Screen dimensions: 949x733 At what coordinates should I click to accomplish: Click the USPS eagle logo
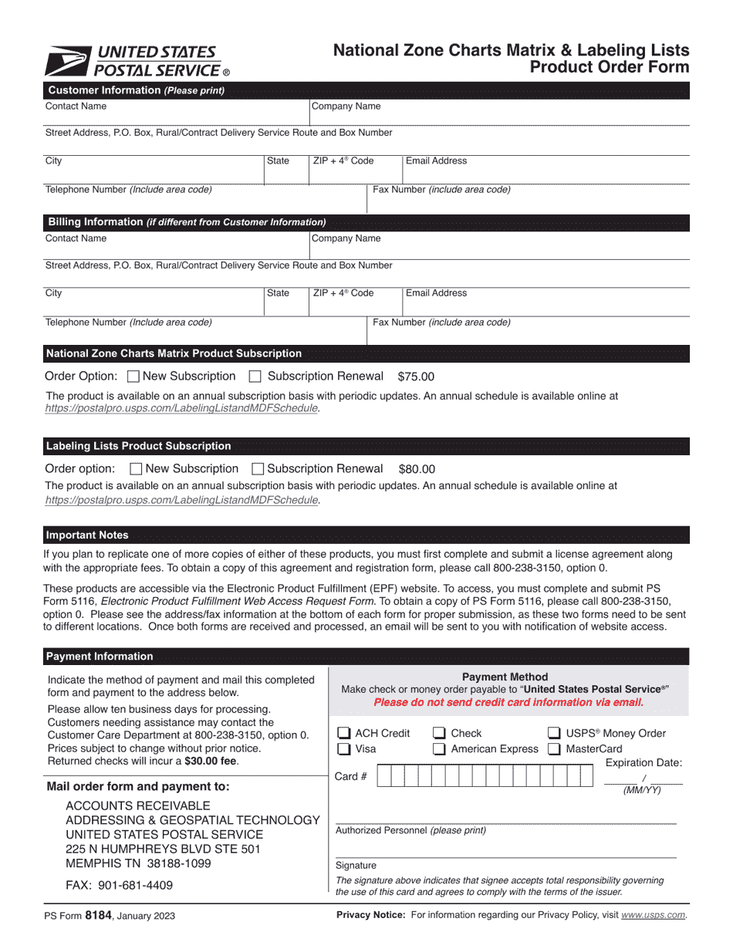point(68,61)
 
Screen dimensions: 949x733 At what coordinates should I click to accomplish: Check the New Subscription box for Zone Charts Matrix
point(133,377)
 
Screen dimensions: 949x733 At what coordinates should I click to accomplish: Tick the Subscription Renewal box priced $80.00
point(258,469)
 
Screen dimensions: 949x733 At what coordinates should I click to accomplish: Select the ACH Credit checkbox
point(345,734)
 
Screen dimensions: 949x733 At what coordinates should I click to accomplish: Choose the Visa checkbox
point(345,749)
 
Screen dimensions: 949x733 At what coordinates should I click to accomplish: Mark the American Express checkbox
point(439,749)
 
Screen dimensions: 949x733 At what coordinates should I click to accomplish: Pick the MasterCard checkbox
point(554,749)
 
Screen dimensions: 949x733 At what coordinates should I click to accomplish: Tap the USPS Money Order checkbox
point(554,734)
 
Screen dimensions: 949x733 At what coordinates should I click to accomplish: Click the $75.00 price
point(416,377)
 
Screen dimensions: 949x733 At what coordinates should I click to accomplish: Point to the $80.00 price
point(417,469)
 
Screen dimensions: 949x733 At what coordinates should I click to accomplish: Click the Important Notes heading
point(87,535)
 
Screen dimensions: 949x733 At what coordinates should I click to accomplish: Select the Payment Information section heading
point(100,657)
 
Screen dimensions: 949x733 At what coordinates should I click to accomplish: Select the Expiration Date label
point(643,763)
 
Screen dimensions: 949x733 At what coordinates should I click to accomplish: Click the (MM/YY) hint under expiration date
point(642,791)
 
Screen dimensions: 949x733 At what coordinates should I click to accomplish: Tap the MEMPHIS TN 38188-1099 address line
point(138,864)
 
